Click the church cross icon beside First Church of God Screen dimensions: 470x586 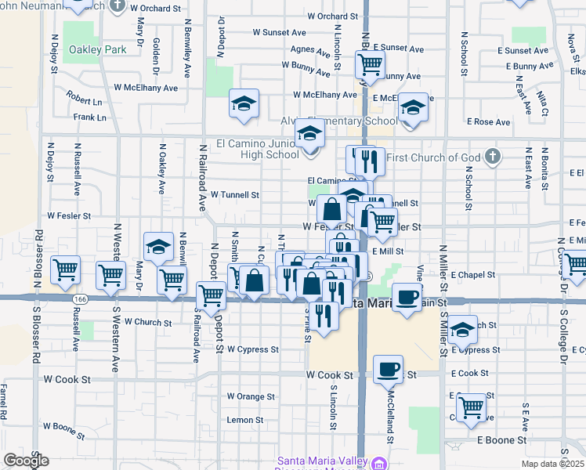point(491,157)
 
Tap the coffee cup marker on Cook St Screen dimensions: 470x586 point(388,369)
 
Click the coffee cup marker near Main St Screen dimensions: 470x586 point(406,298)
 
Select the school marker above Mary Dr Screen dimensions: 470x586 point(158,247)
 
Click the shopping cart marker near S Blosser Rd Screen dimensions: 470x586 point(65,270)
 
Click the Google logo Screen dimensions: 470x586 point(26,461)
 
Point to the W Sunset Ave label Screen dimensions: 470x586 point(279,33)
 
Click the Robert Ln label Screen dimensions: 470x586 point(84,102)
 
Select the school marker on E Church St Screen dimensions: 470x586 point(462,329)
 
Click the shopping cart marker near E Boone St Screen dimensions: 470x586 point(470,407)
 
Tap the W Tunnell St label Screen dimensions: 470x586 point(234,194)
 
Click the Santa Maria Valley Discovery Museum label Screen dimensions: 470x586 point(322,461)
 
